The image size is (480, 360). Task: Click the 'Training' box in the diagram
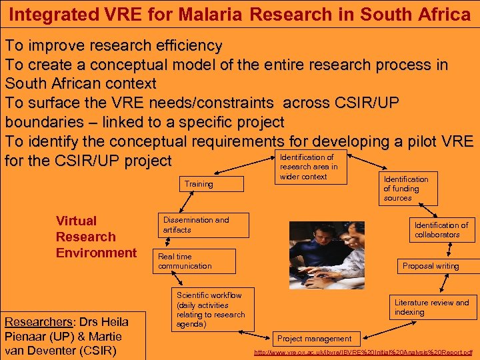tap(199, 184)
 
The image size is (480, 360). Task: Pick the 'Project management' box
tap(314, 339)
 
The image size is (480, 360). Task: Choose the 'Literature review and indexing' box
tap(431, 307)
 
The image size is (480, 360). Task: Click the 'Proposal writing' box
tap(431, 265)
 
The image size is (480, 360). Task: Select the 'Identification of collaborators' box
tap(441, 229)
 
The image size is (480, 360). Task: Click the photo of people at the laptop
tap(327, 255)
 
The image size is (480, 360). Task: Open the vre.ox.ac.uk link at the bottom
tap(363, 352)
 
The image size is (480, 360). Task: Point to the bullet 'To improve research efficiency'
tap(114, 46)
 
